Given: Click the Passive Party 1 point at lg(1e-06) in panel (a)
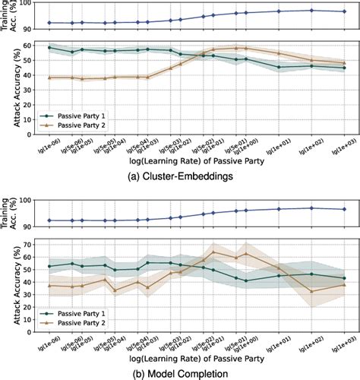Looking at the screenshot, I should point(50,47).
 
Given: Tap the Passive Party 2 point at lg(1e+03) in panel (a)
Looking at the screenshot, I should point(344,63).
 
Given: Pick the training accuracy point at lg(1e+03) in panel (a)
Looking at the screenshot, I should point(344,11).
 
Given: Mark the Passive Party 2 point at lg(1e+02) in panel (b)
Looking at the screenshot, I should point(311,291).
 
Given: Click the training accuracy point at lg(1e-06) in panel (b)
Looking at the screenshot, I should point(50,220).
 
